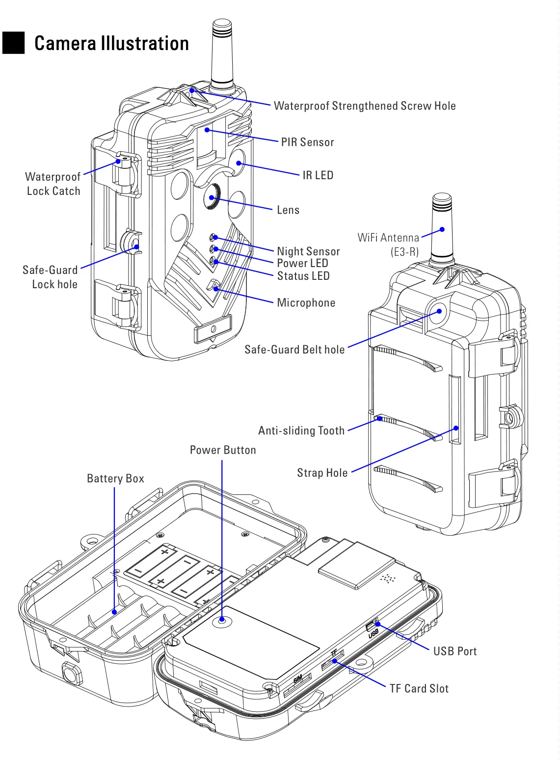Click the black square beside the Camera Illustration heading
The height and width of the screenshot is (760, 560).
point(13,43)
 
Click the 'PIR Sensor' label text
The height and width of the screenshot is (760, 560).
point(307,142)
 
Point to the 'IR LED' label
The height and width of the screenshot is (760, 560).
point(318,175)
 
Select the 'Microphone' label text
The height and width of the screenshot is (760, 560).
point(306,302)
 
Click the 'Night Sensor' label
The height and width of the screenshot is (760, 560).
point(308,251)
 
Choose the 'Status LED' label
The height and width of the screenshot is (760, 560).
point(303,276)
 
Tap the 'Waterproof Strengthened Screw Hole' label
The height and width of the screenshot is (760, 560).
point(365,106)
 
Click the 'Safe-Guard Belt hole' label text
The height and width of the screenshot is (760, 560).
point(294,350)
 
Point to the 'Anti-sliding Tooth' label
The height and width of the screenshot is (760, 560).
point(301,431)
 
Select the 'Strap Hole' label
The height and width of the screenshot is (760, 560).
point(322,473)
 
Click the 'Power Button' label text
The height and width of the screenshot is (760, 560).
point(223,450)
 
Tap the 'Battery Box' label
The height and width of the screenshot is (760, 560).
point(115,478)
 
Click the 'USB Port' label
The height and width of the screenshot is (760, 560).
point(455,651)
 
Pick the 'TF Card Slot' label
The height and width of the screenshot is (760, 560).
point(419,688)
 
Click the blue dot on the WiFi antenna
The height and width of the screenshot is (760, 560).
point(442,229)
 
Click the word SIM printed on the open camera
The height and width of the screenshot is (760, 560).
point(298,679)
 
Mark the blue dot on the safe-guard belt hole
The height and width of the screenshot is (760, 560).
point(439,311)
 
